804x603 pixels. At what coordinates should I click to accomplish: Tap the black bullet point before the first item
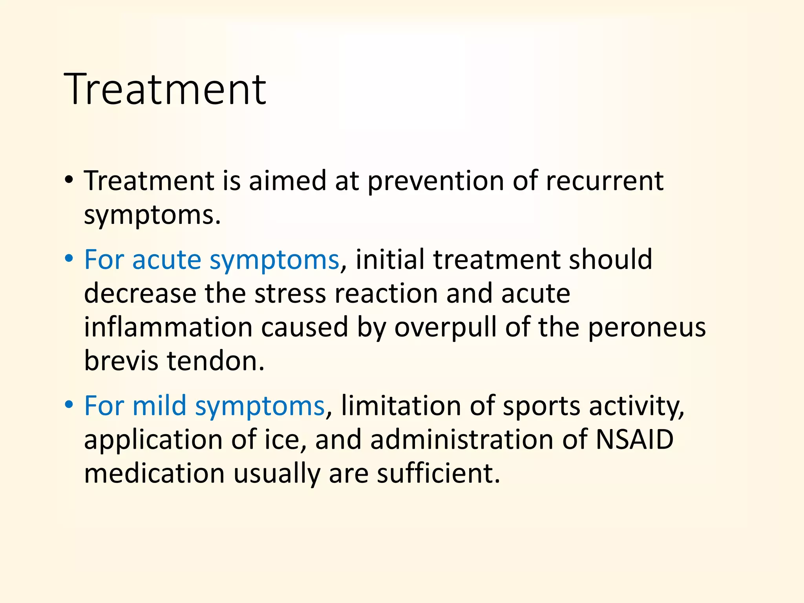[69, 181]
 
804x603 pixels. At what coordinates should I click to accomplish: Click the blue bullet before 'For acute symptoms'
[69, 259]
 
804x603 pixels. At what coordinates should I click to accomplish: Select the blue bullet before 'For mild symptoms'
[69, 405]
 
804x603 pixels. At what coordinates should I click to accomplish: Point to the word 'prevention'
[435, 181]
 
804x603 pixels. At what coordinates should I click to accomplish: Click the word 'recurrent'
[605, 181]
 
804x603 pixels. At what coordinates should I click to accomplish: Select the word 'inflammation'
[168, 327]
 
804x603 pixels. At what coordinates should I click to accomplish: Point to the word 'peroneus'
[647, 328]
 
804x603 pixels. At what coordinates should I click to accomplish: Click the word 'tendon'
[215, 361]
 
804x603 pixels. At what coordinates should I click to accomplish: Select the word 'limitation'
[401, 406]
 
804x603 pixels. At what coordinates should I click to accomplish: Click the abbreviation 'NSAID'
[634, 440]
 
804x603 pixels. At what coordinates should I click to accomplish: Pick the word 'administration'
[462, 440]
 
